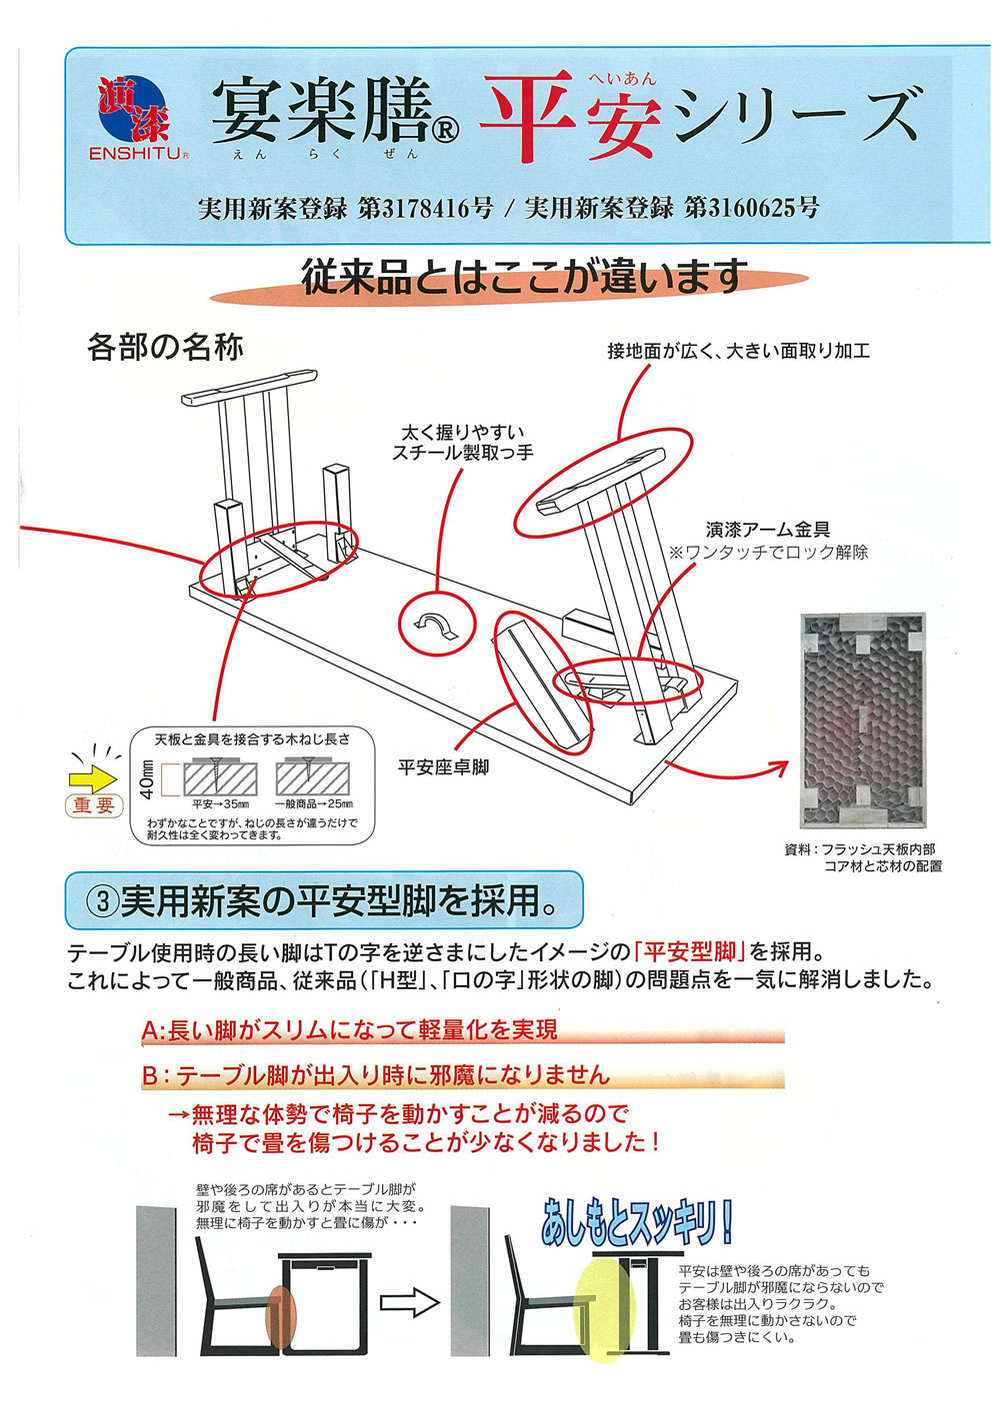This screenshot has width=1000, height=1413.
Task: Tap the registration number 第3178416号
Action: [x=425, y=208]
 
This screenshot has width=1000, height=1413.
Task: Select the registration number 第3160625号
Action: [x=751, y=208]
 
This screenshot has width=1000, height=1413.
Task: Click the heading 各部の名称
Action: [x=165, y=347]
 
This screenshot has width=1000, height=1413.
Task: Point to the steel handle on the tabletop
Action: [x=435, y=624]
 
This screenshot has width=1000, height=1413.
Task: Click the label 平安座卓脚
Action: [x=443, y=767]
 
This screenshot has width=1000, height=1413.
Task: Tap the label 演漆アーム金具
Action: [x=767, y=530]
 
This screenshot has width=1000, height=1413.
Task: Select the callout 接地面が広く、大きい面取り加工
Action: [x=738, y=351]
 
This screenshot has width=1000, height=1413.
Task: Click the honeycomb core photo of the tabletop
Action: [x=863, y=714]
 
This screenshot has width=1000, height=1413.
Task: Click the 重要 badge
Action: [x=94, y=805]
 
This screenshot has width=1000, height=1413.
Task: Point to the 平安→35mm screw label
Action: [x=220, y=803]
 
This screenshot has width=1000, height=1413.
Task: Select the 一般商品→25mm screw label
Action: [x=313, y=803]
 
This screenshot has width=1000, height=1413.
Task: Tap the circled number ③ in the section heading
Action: [x=102, y=902]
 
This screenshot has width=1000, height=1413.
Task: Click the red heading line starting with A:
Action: [x=350, y=1030]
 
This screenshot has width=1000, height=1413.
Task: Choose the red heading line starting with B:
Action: [x=375, y=1075]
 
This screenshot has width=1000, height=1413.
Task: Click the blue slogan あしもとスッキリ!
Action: [x=636, y=1221]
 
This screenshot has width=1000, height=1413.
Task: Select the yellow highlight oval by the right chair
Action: [x=604, y=1309]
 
